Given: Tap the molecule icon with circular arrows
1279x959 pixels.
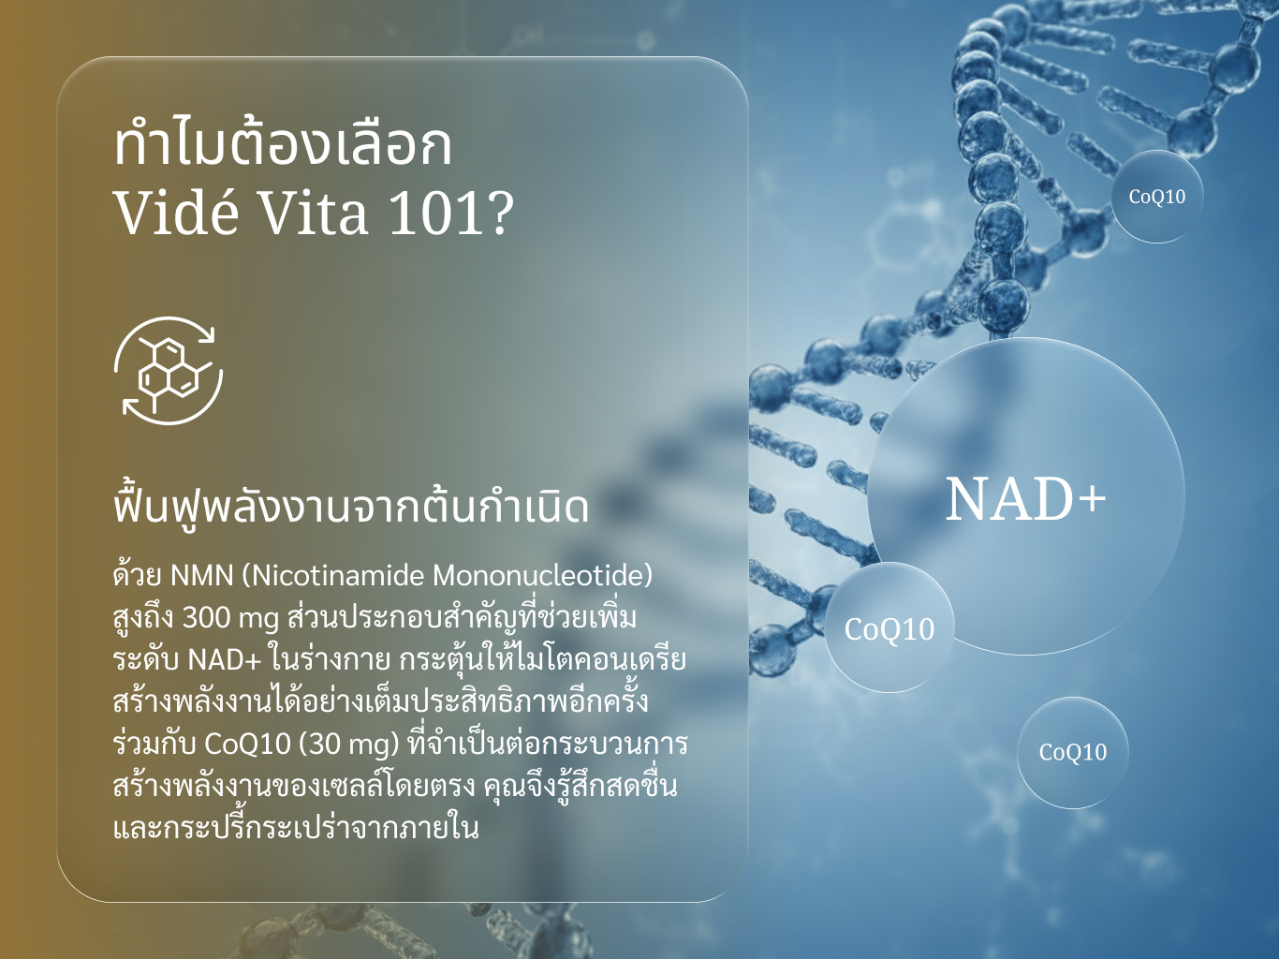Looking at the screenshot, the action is pos(169,371).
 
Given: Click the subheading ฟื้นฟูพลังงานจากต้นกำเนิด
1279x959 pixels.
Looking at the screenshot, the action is pos(351,506).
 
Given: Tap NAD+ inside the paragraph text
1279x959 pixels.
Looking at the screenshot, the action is pos(226,660).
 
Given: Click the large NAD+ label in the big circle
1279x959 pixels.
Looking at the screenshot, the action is pos(1025,499).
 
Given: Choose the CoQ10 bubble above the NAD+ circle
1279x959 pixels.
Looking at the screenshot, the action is pos(1157,197).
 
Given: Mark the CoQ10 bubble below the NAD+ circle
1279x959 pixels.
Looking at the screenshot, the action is pos(1073,752).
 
